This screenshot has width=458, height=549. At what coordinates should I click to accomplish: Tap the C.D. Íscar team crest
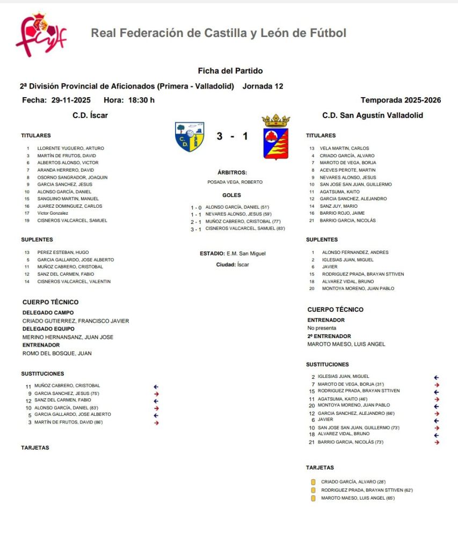click(x=190, y=136)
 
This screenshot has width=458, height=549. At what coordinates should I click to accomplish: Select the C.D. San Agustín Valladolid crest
click(x=275, y=136)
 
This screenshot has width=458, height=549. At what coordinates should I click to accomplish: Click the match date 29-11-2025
click(x=71, y=100)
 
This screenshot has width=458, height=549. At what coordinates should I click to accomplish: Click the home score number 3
click(x=220, y=136)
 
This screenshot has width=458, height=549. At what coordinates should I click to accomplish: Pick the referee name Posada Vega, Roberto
click(x=235, y=182)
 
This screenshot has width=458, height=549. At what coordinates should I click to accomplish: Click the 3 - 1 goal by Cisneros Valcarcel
click(x=245, y=228)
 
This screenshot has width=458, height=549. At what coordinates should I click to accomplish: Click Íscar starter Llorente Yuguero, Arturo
click(x=70, y=148)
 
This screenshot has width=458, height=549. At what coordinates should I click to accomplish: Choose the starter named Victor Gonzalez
click(x=53, y=213)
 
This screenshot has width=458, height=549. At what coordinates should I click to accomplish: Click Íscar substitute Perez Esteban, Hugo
click(x=63, y=252)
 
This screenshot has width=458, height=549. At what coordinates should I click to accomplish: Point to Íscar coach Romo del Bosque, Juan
click(x=57, y=353)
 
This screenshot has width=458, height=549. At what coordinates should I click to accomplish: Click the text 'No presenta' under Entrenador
click(x=322, y=328)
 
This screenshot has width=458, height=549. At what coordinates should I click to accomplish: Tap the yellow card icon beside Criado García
click(x=313, y=482)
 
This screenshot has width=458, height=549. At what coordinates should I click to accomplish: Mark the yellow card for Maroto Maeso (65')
click(x=313, y=499)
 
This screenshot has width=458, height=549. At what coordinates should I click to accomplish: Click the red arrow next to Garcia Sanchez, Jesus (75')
click(x=156, y=394)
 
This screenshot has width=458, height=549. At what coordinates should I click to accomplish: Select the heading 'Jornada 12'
click(x=263, y=86)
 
